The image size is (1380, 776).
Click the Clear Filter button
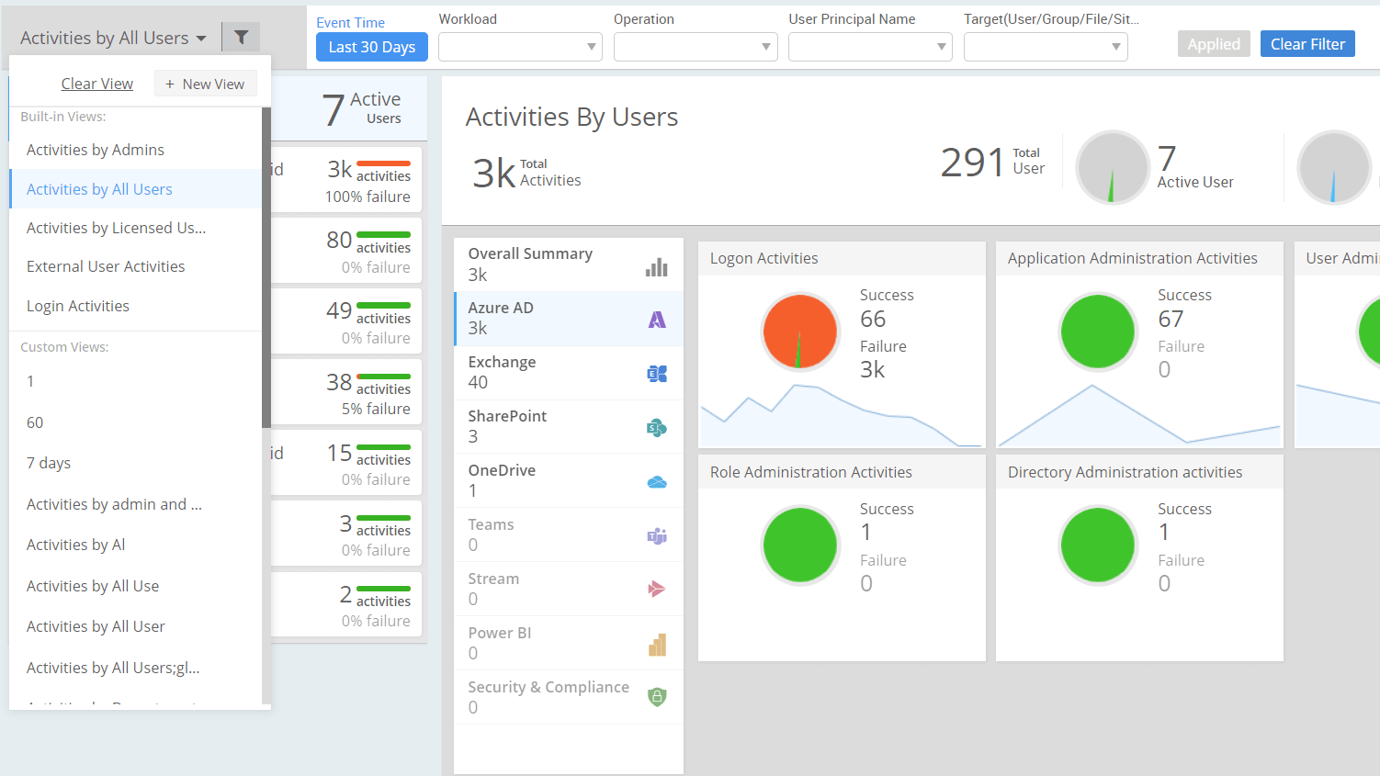point(1306,44)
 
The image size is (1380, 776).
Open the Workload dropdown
point(520,47)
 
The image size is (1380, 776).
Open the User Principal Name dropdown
point(869,47)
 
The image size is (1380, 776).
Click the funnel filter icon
point(241,38)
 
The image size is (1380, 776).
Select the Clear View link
point(96,84)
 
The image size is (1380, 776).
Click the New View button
point(205,84)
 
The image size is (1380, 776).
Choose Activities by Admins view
point(96,150)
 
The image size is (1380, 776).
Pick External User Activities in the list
point(106,266)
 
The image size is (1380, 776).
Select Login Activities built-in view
point(78,306)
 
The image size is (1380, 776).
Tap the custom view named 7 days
point(49,463)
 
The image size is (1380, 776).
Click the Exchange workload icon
point(657,373)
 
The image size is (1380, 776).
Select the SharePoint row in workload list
point(568,427)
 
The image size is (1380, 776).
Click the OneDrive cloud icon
point(657,481)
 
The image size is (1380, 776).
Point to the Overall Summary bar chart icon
point(657,266)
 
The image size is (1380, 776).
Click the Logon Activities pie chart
point(799,332)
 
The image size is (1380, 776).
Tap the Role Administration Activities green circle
point(799,545)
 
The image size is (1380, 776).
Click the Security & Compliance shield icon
point(657,697)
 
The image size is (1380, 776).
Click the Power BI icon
point(657,645)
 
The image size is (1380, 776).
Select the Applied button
point(1213,44)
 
